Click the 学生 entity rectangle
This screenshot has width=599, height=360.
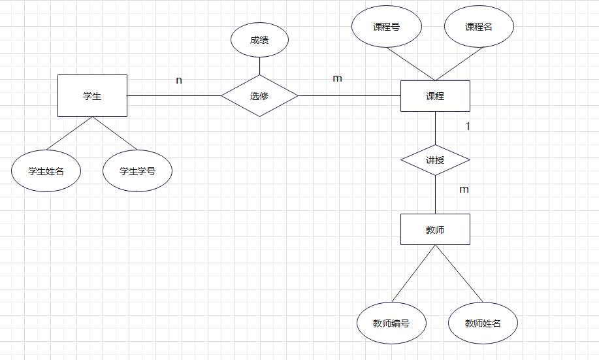click(92, 95)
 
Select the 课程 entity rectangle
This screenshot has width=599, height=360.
click(435, 96)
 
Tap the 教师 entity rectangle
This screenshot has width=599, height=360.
click(435, 229)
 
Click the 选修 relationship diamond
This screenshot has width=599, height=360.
click(259, 96)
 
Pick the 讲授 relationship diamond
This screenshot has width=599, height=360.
click(435, 160)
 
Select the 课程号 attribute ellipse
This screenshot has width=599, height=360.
click(387, 27)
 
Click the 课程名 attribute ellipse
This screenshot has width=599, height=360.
click(479, 27)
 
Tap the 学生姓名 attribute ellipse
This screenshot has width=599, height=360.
click(46, 172)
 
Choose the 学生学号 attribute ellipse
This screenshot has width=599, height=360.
click(137, 172)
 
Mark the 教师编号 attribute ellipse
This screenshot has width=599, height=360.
click(391, 323)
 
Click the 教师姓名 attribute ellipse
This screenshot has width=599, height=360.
click(483, 323)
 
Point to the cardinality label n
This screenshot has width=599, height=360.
click(179, 80)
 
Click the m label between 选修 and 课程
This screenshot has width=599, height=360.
click(337, 78)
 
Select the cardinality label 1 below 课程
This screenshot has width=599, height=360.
click(468, 126)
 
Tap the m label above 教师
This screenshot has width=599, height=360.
click(464, 189)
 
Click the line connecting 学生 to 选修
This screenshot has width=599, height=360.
click(174, 96)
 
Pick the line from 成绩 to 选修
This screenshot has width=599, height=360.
click(259, 65)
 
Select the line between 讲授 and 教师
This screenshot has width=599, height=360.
click(435, 195)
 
